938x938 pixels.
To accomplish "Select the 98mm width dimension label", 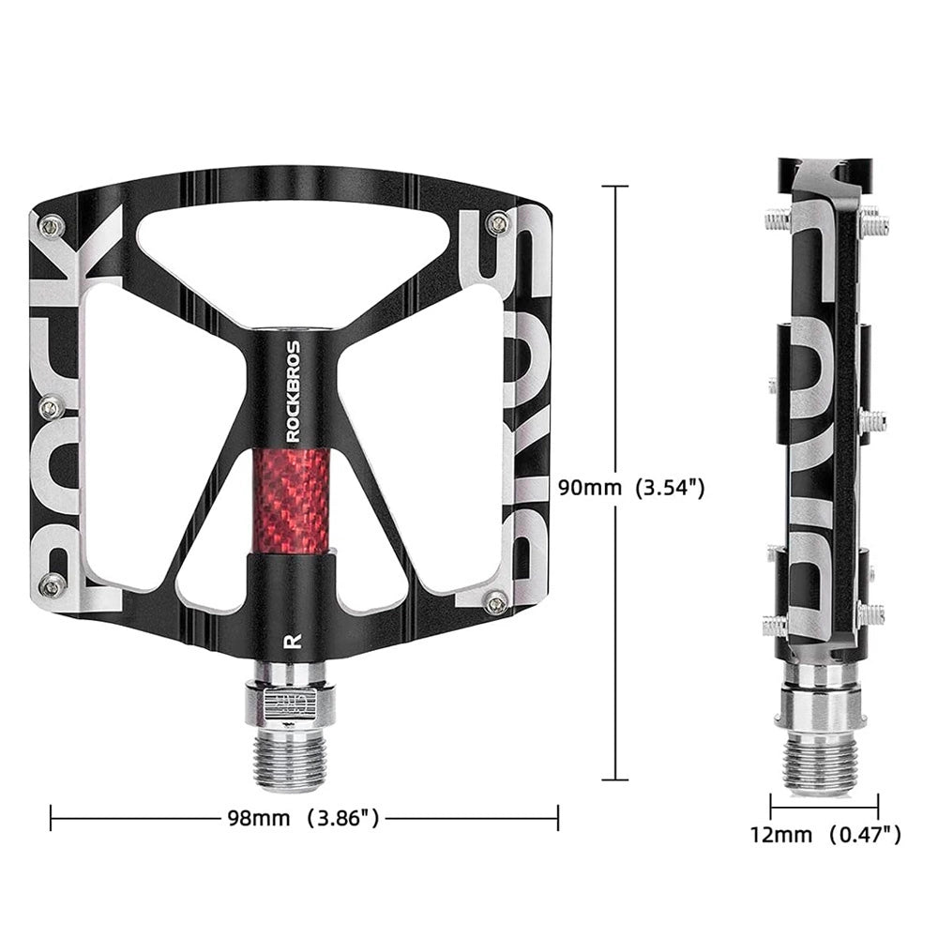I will (258, 818).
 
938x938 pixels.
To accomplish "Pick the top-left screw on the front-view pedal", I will (53, 224).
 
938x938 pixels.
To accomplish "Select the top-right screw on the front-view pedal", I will (500, 222).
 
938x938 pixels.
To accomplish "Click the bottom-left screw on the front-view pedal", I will (53, 585).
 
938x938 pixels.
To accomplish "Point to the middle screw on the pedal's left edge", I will (53, 406).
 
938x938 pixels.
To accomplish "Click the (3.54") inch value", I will (671, 488).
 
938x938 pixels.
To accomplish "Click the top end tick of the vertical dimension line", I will (614, 187).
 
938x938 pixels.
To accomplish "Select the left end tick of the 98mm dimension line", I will (51, 818).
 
